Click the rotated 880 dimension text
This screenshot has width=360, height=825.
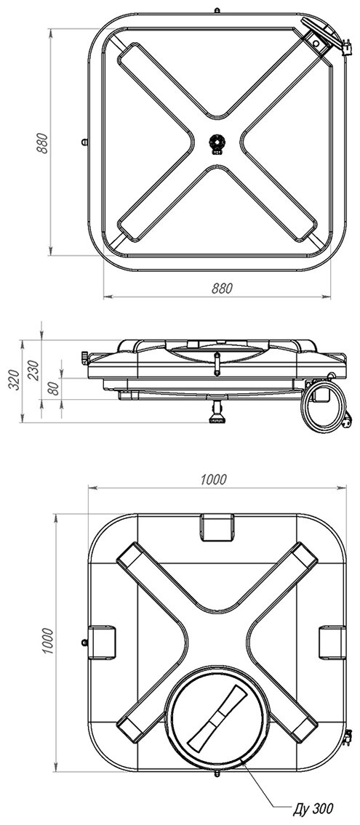43,143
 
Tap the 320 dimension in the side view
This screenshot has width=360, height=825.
15,379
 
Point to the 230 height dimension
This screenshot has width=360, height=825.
33,370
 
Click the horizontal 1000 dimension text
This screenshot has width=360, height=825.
213,479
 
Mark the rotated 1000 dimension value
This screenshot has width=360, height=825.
47,641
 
